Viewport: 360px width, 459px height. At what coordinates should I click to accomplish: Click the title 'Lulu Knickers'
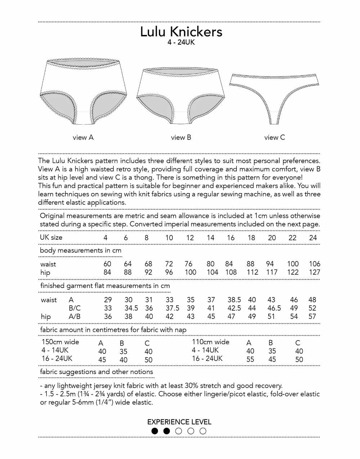tap(181, 32)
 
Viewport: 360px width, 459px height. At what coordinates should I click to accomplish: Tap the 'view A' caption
tap(83, 137)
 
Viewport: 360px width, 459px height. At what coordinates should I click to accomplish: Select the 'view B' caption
tap(181, 137)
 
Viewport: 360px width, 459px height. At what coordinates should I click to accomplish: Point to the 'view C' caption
tap(274, 137)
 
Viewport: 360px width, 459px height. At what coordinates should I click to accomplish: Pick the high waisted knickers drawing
tap(83, 92)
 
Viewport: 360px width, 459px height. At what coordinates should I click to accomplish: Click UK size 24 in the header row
tap(313, 238)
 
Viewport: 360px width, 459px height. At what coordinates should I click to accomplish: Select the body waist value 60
tap(107, 264)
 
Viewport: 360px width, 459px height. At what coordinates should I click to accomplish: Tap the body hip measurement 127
tap(314, 272)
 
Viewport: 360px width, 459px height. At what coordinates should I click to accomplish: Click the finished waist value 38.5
tap(234, 300)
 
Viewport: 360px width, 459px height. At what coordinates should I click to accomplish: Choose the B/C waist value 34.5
tap(131, 308)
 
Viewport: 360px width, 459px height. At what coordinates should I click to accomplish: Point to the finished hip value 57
tap(312, 316)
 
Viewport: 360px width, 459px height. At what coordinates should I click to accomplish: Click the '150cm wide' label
tap(60, 342)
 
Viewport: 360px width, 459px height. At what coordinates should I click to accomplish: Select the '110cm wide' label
tap(211, 342)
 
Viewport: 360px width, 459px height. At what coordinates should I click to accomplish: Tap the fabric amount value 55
tap(250, 359)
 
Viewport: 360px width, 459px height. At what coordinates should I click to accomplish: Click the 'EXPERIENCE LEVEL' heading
tap(179, 422)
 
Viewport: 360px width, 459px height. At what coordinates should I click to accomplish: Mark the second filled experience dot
tap(167, 431)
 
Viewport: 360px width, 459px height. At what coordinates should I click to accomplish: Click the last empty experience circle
tap(203, 431)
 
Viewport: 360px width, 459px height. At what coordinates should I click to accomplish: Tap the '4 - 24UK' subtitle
tap(181, 42)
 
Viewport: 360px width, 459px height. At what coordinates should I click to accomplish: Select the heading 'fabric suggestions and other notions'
tap(96, 372)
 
